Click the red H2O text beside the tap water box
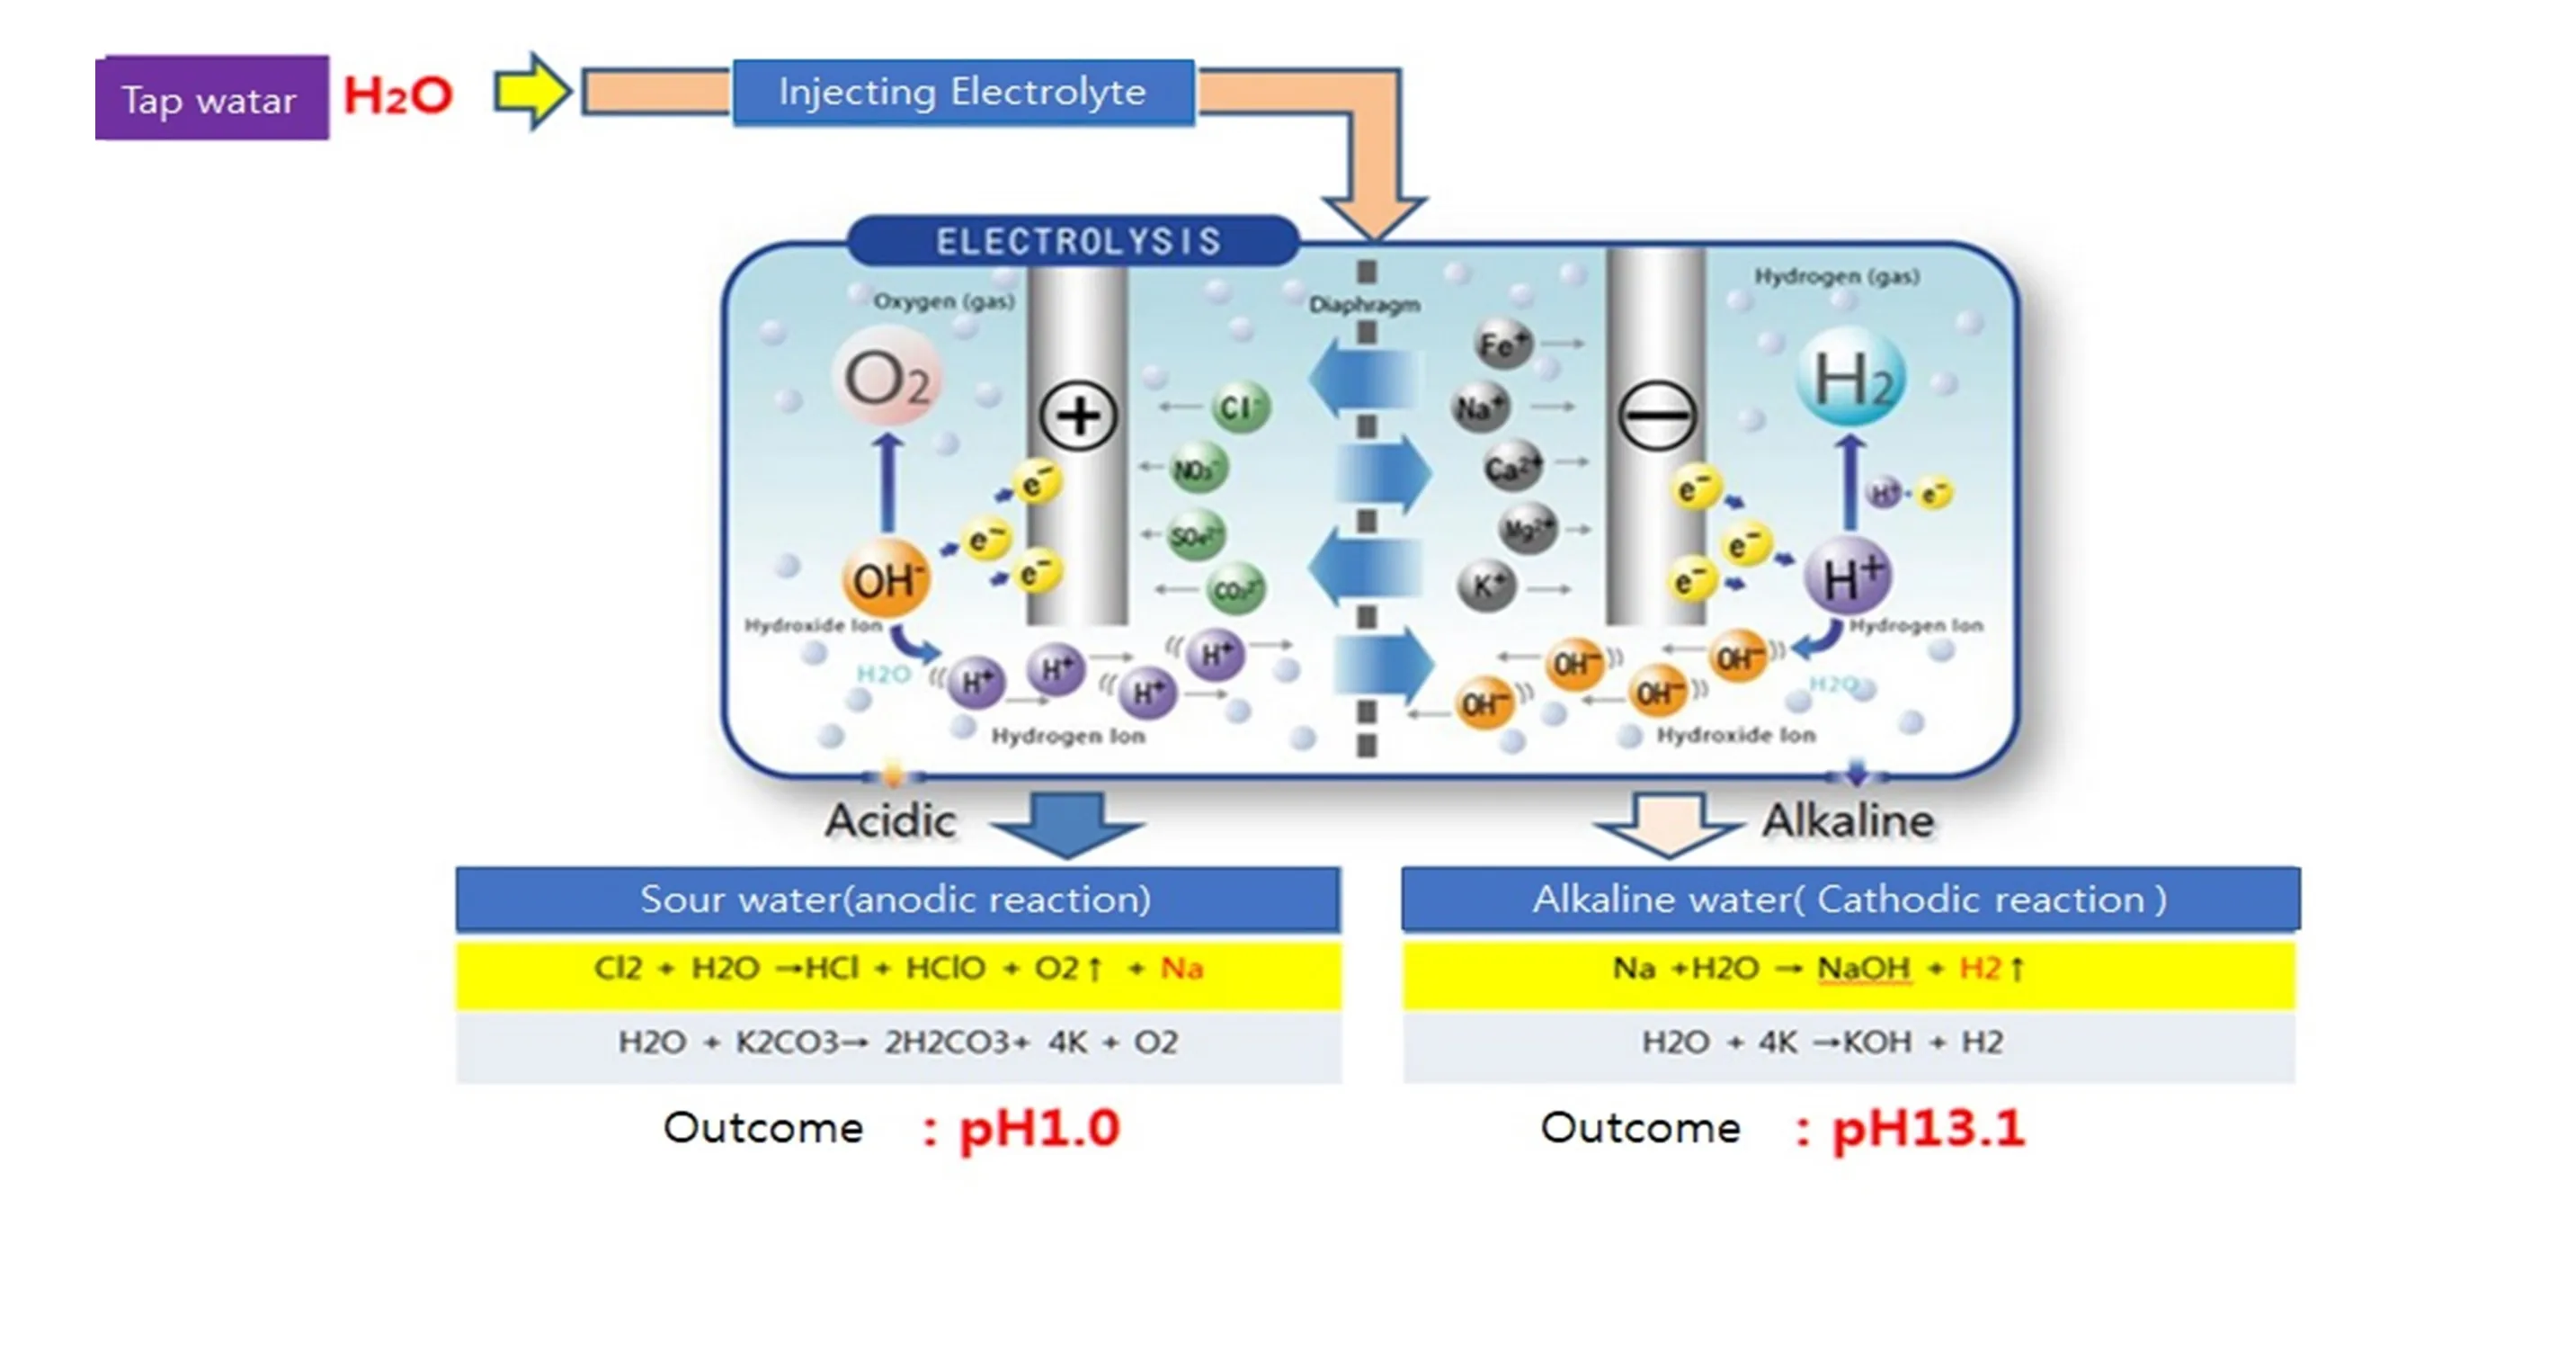point(397,96)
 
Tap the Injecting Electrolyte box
point(963,92)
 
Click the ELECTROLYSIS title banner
point(1076,240)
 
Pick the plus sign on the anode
point(1077,416)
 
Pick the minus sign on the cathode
point(1656,416)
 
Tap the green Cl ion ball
point(1239,407)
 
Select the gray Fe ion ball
point(1502,344)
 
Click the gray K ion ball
point(1486,586)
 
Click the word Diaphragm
point(1365,305)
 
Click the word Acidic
point(890,820)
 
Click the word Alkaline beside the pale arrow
point(1848,820)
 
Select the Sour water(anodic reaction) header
point(896,899)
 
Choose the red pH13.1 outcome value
point(1928,1127)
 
